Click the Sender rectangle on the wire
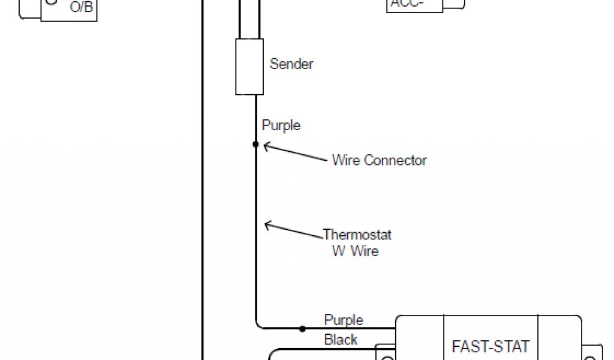click(249, 67)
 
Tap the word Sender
click(291, 64)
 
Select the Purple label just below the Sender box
click(281, 125)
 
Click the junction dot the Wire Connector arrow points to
click(255, 145)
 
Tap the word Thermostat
click(357, 234)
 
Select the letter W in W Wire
click(338, 250)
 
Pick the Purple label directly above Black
click(344, 320)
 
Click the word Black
click(341, 340)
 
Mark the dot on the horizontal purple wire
click(302, 329)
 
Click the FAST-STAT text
click(490, 346)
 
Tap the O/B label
click(82, 7)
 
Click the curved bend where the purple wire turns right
click(258, 325)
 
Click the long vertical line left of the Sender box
click(203, 180)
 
